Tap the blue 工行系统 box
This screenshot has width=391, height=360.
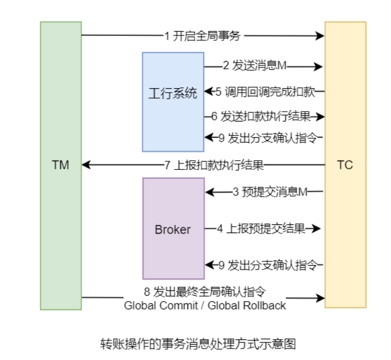point(173,93)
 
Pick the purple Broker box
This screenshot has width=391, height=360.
point(173,229)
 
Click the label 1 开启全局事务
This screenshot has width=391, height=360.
point(202,36)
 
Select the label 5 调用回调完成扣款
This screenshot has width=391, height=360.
point(265,91)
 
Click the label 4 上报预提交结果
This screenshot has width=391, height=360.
point(261,229)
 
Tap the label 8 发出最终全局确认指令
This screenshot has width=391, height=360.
point(205,291)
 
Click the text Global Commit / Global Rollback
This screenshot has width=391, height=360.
point(205,305)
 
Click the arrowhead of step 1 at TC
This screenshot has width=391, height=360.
point(321,36)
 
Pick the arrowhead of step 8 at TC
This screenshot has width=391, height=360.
point(321,298)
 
